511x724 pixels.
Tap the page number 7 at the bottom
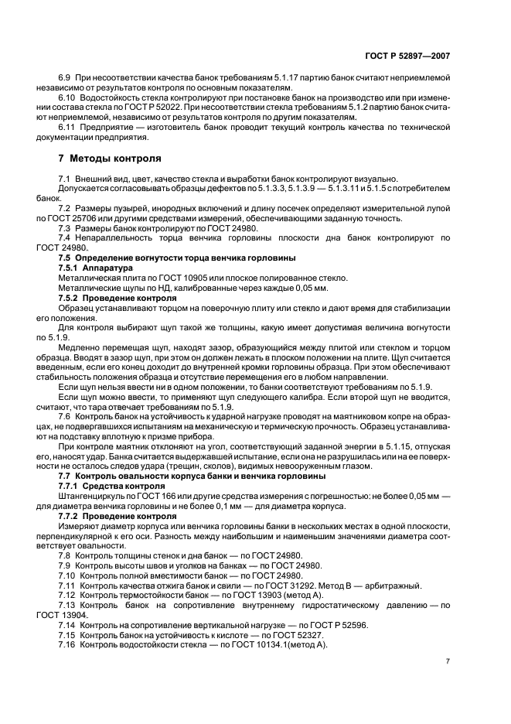click(x=448, y=661)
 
